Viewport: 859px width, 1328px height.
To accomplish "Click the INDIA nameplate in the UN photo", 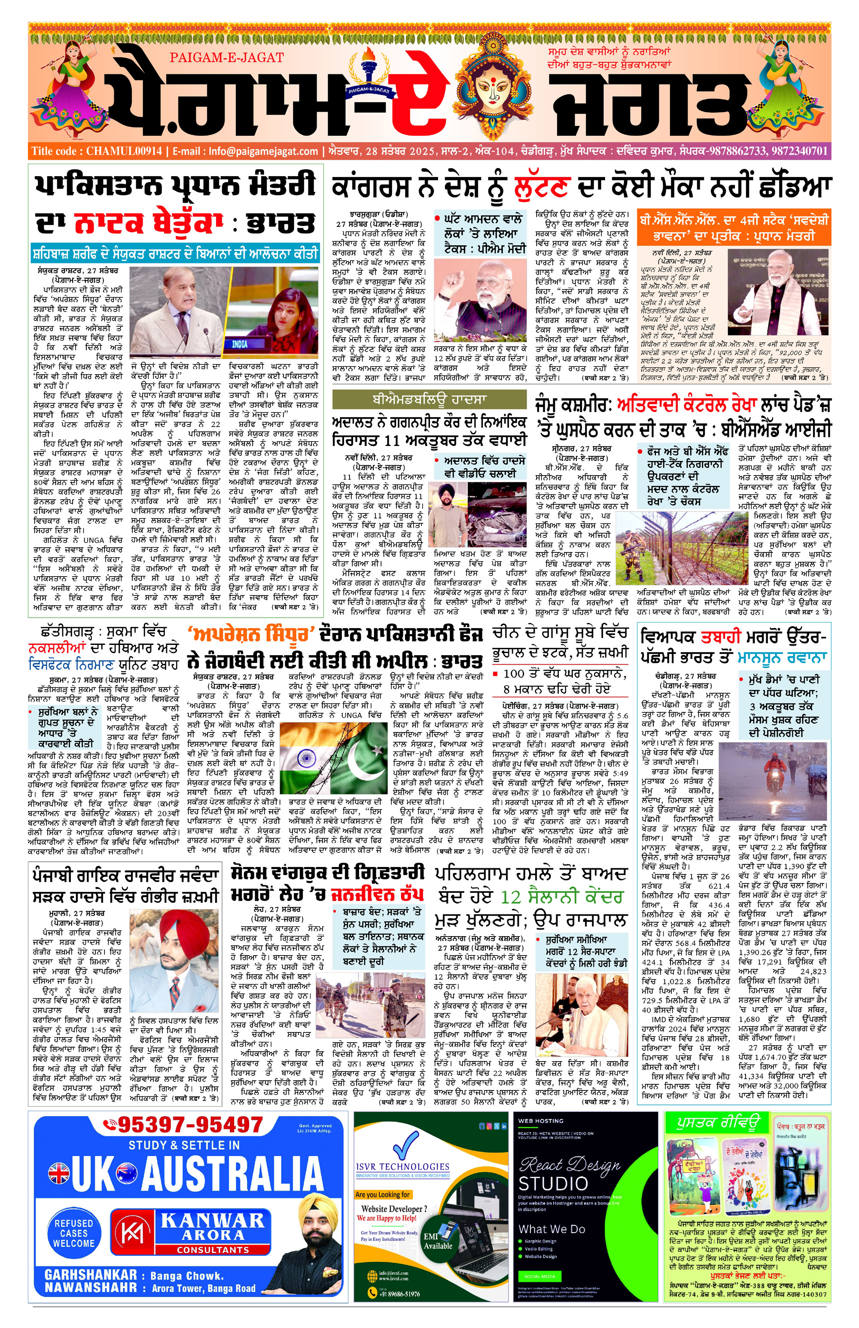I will (239, 344).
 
